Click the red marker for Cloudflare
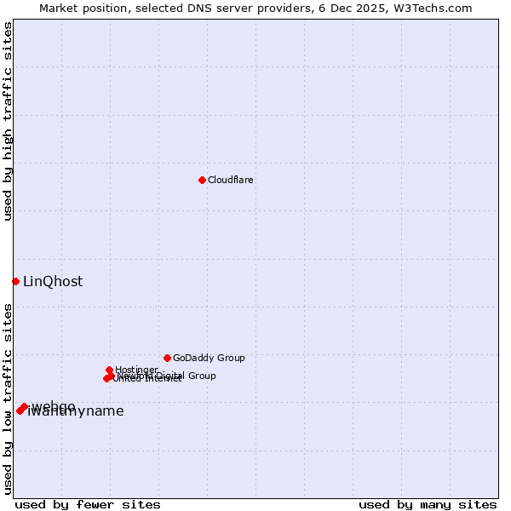coord(202,180)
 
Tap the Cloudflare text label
coord(231,180)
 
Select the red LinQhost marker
coord(15,281)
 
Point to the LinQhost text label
coord(53,282)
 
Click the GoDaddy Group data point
coord(167,358)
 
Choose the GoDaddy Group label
coord(209,358)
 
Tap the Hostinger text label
coord(136,370)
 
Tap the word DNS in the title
coord(184,8)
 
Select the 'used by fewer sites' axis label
coord(88,504)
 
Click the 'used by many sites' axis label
coord(428,504)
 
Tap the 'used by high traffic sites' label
coord(8,121)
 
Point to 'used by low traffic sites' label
coord(8,399)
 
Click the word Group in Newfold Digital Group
coord(201,376)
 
